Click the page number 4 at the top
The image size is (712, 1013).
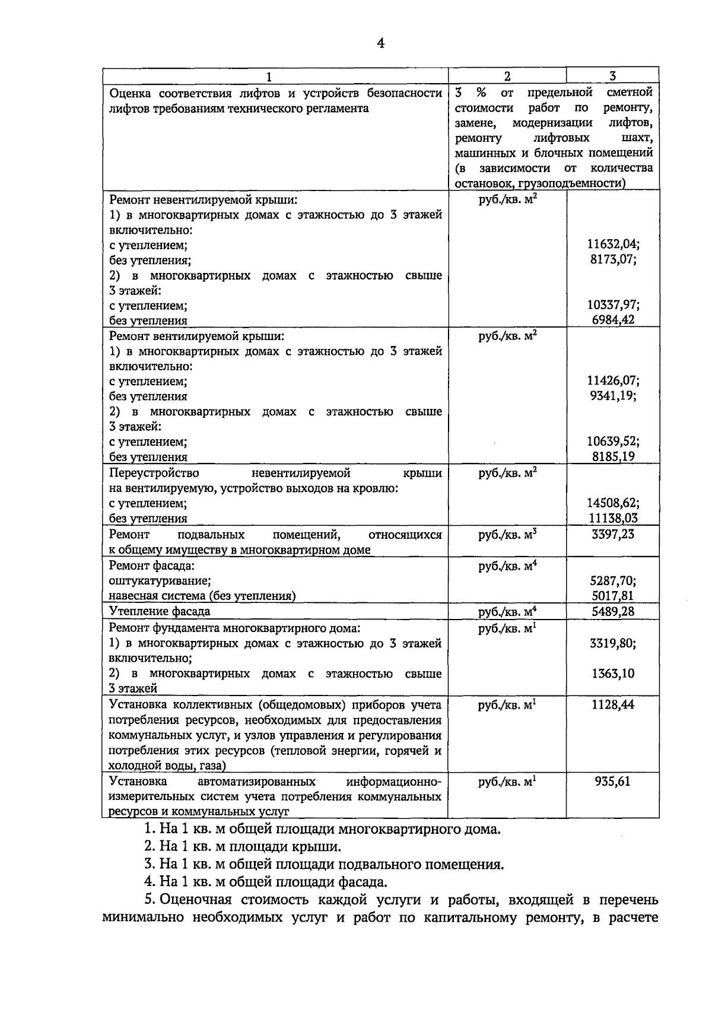tap(380, 43)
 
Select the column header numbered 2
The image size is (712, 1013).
tap(507, 75)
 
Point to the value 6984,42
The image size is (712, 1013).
tap(613, 320)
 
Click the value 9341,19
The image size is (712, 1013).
tap(613, 396)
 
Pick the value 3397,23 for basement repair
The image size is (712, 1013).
tap(613, 534)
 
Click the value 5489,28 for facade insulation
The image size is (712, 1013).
tap(613, 611)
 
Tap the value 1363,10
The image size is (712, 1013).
tap(613, 674)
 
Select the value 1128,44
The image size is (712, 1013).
tap(613, 704)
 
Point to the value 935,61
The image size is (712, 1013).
tap(613, 781)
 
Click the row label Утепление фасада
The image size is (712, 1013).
tap(160, 611)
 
